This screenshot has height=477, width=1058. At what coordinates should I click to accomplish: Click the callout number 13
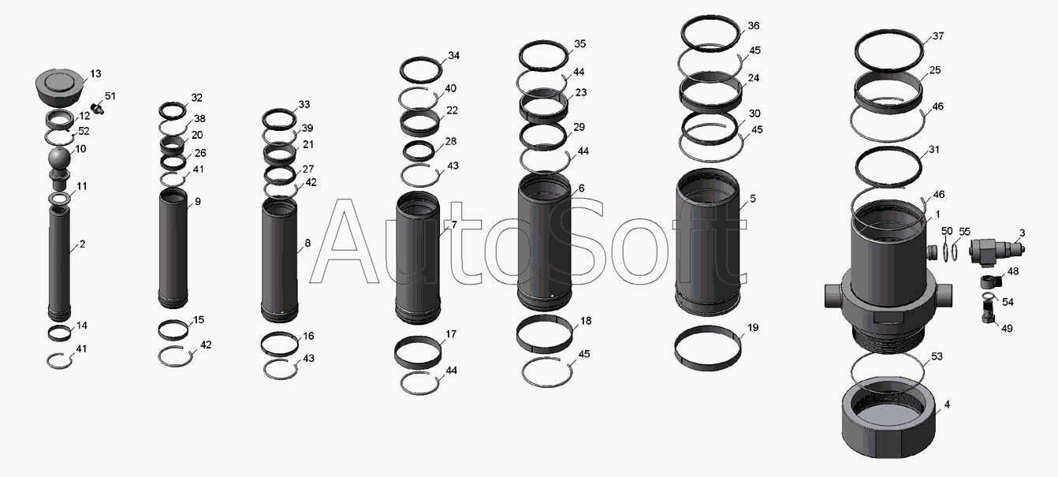95,73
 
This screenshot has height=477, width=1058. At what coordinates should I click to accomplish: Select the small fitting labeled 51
97,108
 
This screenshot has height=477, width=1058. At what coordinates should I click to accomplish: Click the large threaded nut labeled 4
888,418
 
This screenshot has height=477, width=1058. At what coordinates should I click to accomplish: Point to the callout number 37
937,36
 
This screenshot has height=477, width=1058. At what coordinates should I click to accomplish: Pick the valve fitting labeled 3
997,251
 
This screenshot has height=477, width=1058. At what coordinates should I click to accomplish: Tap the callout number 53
937,356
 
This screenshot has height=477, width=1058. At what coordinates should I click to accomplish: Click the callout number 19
752,328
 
